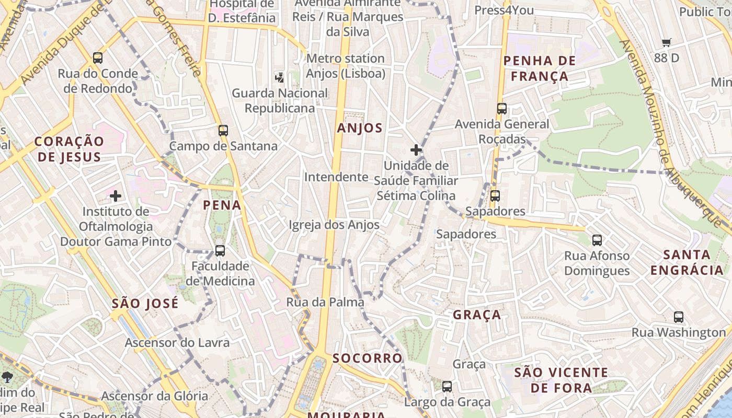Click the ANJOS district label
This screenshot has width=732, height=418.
coord(360,128)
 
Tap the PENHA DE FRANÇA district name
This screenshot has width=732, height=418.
coord(540,68)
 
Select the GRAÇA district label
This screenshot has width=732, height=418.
coord(477,315)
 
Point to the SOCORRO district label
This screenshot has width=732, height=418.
coord(368,358)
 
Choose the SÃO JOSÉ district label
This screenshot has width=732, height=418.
coord(145,304)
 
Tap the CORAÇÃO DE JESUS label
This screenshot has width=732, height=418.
coord(69,149)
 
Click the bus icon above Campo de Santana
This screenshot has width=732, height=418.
coord(223,130)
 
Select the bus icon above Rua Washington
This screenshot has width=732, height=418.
coord(679,317)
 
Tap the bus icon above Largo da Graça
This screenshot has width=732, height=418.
coord(447,387)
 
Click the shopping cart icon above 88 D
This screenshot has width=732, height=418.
coord(666,43)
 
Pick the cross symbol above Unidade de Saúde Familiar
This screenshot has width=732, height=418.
coord(416,150)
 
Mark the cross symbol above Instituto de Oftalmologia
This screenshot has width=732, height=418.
coord(116,196)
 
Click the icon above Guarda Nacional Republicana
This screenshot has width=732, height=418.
coord(279,78)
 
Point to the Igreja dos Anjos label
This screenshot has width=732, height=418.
coord(334,225)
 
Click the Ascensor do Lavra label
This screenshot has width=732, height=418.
coord(177,343)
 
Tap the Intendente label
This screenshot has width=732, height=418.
coord(336,177)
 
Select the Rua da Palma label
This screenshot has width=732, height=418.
coord(325,302)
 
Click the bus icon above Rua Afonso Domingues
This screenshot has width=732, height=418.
coord(597,240)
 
